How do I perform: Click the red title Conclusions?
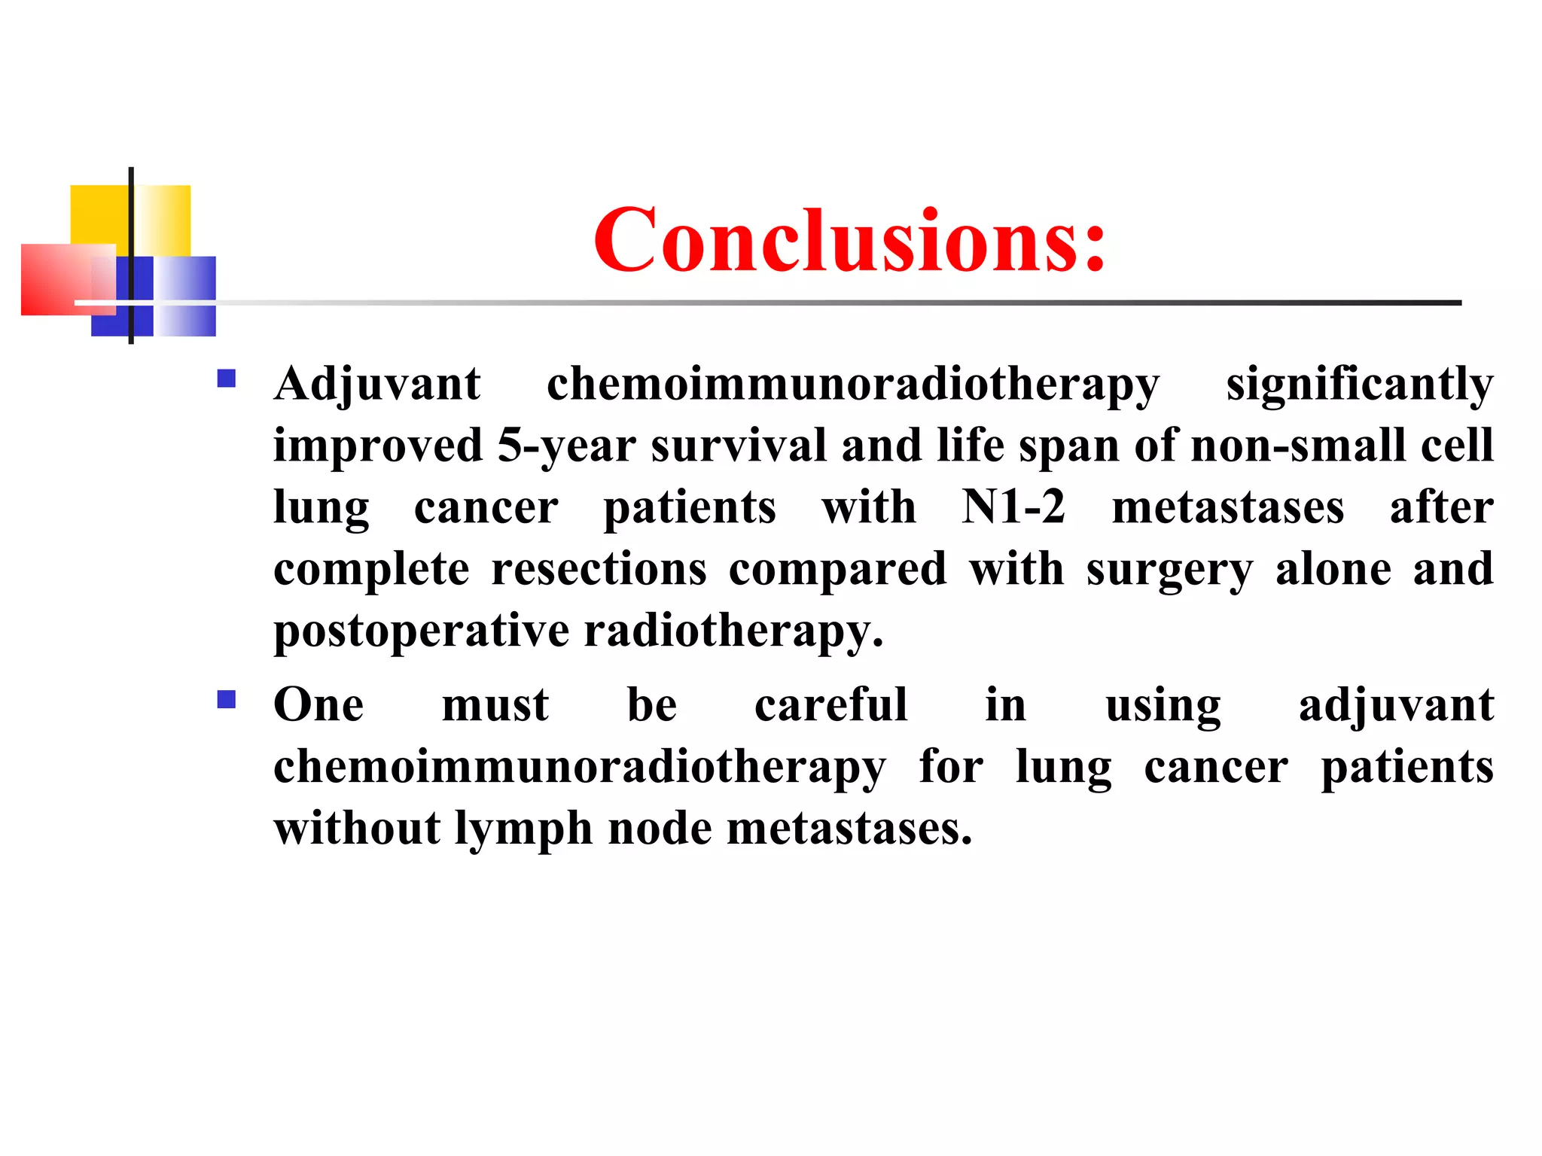point(849,241)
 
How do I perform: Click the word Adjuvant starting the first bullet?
point(376,384)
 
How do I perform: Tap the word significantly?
point(1359,384)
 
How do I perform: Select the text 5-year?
point(566,446)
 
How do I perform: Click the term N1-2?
point(1013,507)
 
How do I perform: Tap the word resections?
point(599,568)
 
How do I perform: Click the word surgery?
point(1169,570)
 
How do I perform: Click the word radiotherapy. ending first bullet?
point(733,631)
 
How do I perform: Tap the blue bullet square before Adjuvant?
point(226,378)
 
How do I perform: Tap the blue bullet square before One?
point(226,700)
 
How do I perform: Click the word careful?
point(830,705)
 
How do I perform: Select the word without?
point(357,828)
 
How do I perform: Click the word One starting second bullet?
point(318,705)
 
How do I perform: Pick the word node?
point(659,828)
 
